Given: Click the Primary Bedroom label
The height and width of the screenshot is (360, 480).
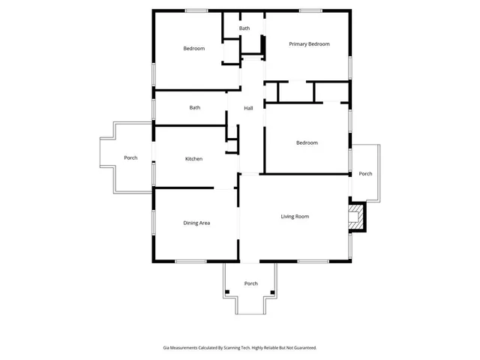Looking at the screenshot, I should (x=309, y=44).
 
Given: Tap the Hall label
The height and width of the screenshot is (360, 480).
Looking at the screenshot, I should (x=248, y=109).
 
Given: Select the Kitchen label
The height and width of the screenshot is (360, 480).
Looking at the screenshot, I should (x=194, y=159).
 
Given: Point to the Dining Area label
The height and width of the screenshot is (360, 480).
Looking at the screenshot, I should (x=196, y=223).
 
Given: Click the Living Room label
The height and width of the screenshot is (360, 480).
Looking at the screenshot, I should (x=295, y=217).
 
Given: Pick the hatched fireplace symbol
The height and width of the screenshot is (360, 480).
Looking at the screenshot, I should (x=356, y=219).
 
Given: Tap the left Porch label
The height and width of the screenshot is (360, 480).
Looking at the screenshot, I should (x=130, y=157).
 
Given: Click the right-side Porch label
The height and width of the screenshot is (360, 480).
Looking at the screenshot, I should (x=365, y=174).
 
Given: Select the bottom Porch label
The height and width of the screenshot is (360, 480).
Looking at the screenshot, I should (x=251, y=283).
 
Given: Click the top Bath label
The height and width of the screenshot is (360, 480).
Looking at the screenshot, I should (x=244, y=28).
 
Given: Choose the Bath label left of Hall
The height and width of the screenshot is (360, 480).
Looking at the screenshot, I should (x=195, y=108).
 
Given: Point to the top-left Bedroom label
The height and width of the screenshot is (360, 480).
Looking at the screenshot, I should (x=194, y=49).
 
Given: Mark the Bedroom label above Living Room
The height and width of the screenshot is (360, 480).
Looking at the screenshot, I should (x=307, y=143).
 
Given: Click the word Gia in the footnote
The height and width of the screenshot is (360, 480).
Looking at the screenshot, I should (x=166, y=348).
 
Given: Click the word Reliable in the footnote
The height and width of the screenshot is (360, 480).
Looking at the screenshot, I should (x=267, y=348).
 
